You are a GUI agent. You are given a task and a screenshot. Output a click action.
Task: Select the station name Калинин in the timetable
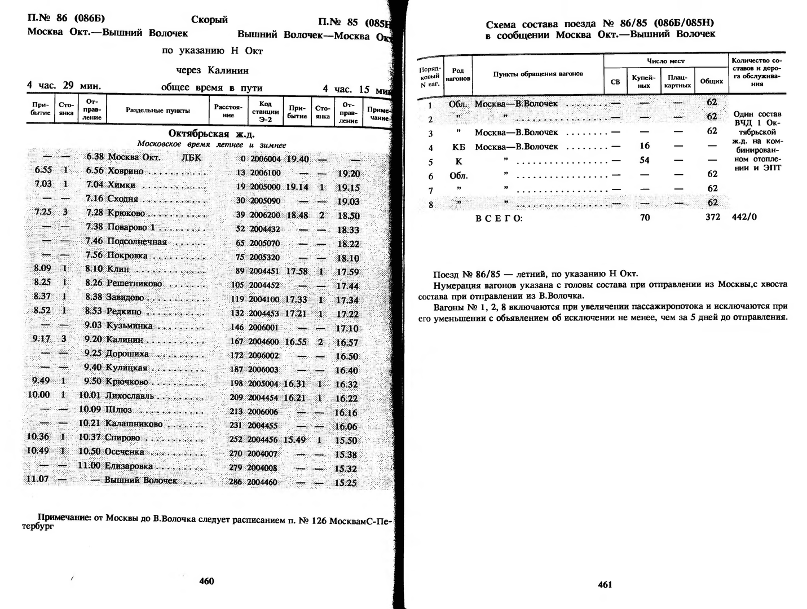click(x=124, y=339)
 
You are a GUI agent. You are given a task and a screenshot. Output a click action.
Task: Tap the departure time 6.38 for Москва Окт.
click(x=95, y=157)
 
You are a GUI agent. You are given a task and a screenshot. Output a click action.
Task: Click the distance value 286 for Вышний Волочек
click(x=236, y=482)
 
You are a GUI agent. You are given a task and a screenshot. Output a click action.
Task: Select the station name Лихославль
click(x=130, y=395)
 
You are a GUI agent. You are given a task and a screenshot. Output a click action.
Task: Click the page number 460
click(x=207, y=581)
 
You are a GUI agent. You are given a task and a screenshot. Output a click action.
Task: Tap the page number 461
click(x=605, y=584)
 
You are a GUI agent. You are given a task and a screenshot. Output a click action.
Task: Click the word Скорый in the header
click(x=209, y=20)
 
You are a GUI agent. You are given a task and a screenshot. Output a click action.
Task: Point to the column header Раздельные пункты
click(x=158, y=111)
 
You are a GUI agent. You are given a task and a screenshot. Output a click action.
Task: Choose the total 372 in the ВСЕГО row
click(x=712, y=217)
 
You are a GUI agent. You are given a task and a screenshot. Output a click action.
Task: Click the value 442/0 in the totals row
click(x=744, y=217)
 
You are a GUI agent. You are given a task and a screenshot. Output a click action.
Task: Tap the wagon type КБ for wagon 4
click(x=458, y=147)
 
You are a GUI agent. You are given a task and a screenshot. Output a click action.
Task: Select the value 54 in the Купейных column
click(x=644, y=160)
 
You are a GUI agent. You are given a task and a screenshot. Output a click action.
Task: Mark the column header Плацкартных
click(x=677, y=81)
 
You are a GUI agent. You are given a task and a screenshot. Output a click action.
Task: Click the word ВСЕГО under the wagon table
click(x=499, y=218)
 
